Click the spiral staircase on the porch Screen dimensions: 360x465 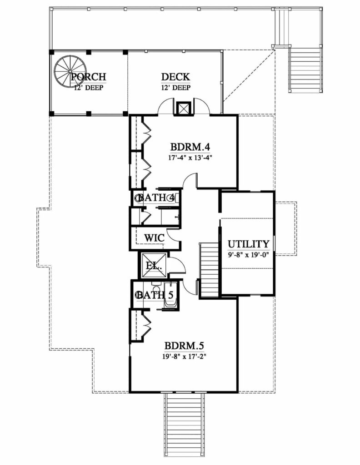(70, 71)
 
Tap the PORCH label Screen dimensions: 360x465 (89, 77)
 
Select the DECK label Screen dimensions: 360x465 (175, 77)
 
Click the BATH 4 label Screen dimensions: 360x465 (156, 198)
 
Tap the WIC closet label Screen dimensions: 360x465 (155, 237)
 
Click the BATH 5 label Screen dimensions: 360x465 (156, 295)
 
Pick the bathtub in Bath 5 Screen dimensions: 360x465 (170, 295)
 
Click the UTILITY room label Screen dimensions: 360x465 (248, 244)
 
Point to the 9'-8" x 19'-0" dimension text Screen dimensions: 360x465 (248, 254)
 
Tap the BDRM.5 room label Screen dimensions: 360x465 (185, 346)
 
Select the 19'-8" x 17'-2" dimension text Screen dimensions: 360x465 (184, 356)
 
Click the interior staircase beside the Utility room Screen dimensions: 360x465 (210, 270)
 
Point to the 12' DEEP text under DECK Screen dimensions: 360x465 (176, 88)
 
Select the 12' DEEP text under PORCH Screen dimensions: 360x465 (89, 88)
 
